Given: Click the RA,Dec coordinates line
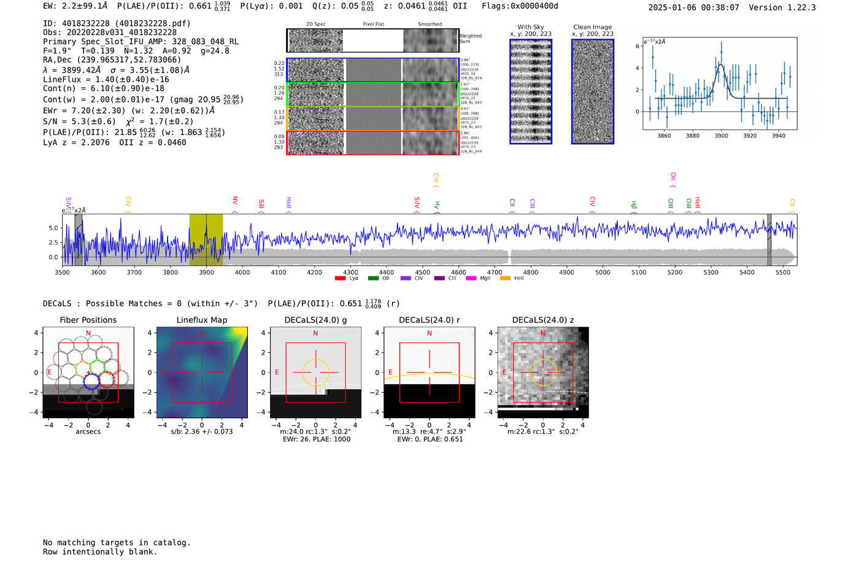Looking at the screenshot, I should click(x=112, y=60).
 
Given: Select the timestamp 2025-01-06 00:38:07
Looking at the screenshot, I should click(x=693, y=7).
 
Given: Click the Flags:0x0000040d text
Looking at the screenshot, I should click(x=520, y=6).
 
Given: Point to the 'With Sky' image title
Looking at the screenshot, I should click(x=531, y=27).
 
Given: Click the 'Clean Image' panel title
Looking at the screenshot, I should click(x=592, y=27).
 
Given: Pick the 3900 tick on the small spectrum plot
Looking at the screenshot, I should click(x=721, y=136).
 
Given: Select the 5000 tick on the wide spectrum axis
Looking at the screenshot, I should click(x=603, y=272).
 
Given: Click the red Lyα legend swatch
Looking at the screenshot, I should click(x=340, y=279).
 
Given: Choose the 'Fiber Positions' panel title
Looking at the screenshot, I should click(x=88, y=320).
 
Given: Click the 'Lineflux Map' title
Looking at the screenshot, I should click(x=201, y=320).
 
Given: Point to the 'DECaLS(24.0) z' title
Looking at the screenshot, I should click(x=542, y=320).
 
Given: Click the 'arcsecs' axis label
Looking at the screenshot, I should click(x=88, y=432).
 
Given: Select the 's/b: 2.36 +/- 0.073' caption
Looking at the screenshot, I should click(x=201, y=432).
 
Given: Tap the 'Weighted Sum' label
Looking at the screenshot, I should click(x=470, y=39).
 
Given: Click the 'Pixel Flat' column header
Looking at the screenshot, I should click(x=373, y=25).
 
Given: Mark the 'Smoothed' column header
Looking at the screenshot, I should click(x=429, y=25).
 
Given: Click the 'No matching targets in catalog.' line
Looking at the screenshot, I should click(x=117, y=542).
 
